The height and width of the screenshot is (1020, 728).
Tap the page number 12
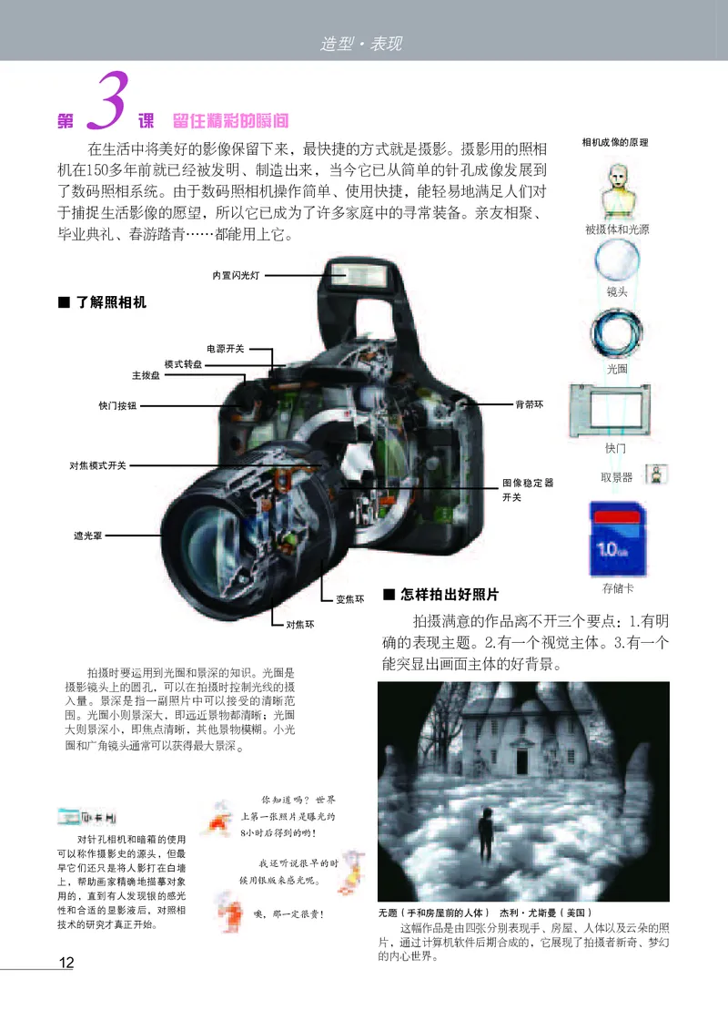click(x=66, y=964)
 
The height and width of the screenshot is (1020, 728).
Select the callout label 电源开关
click(x=225, y=348)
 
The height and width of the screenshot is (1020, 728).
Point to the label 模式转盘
click(x=183, y=363)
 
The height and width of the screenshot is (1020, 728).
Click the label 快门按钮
click(x=117, y=406)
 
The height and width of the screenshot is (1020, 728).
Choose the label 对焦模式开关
click(x=98, y=465)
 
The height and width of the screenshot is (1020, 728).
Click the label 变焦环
click(x=350, y=599)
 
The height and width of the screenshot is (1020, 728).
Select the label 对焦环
click(x=299, y=625)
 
